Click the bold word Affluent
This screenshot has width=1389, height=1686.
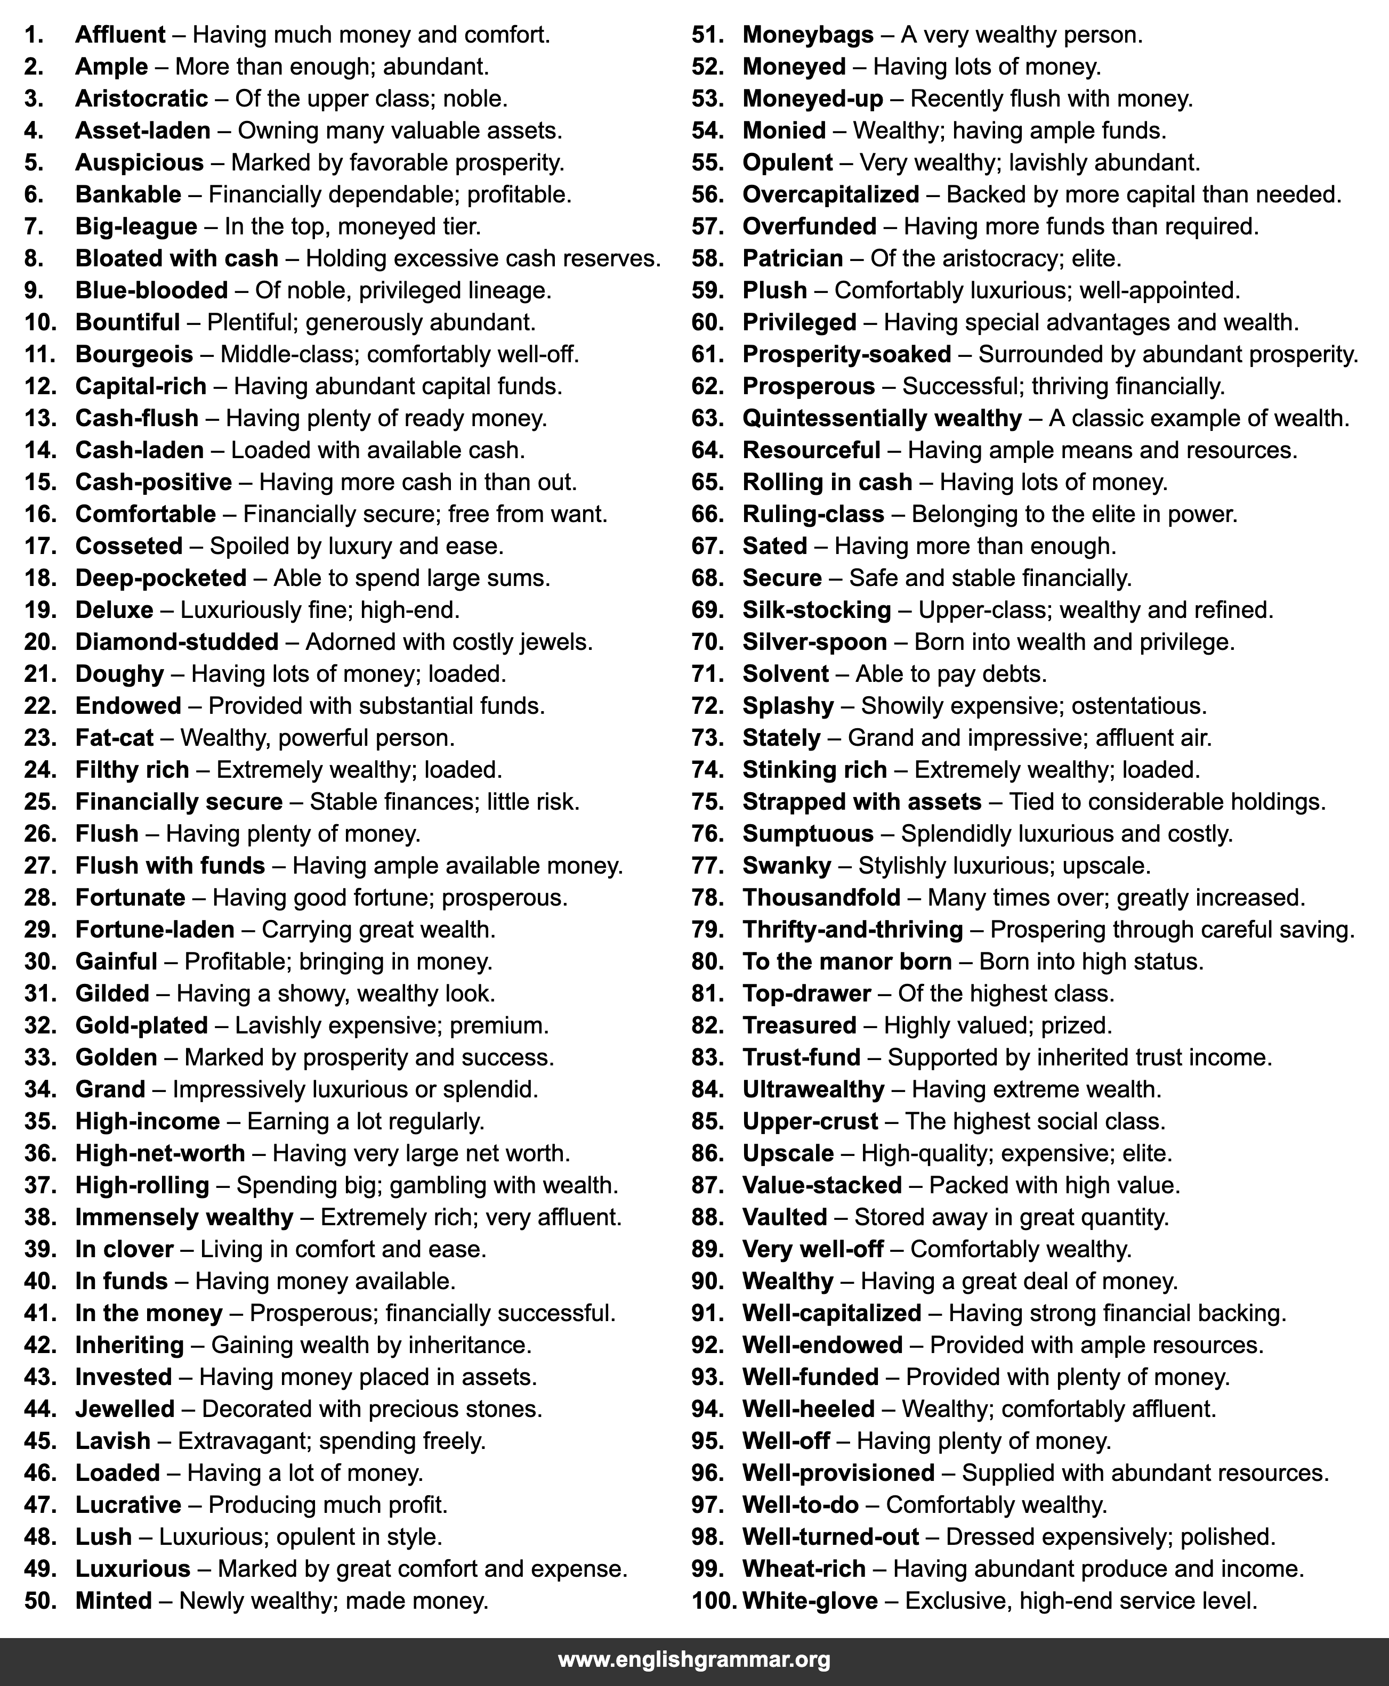pyautogui.click(x=120, y=35)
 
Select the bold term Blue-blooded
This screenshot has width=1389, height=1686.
pyautogui.click(x=151, y=290)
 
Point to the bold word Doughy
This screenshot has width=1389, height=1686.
pyautogui.click(x=119, y=674)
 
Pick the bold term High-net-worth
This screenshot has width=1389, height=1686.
pyautogui.click(x=160, y=1153)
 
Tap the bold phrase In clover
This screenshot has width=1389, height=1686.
pyautogui.click(x=124, y=1249)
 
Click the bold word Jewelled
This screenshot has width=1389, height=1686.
pyautogui.click(x=125, y=1410)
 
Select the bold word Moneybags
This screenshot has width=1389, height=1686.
pyautogui.click(x=808, y=35)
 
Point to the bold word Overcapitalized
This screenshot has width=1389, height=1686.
pyautogui.click(x=830, y=194)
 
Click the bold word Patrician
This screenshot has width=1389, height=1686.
pyautogui.click(x=792, y=258)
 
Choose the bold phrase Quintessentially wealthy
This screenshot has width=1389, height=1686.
pyautogui.click(x=882, y=418)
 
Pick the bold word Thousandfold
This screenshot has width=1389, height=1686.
pyautogui.click(x=821, y=898)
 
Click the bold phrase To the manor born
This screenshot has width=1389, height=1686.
pyautogui.click(x=846, y=962)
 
